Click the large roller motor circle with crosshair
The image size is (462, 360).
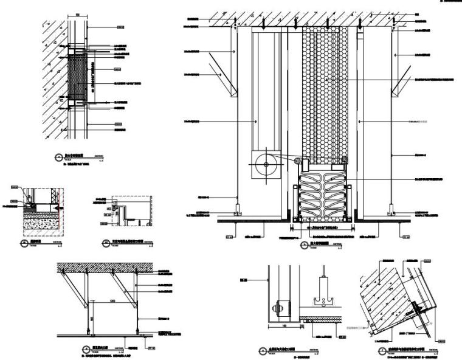click(x=266, y=164)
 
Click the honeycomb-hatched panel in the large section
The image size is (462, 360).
click(x=324, y=91)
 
